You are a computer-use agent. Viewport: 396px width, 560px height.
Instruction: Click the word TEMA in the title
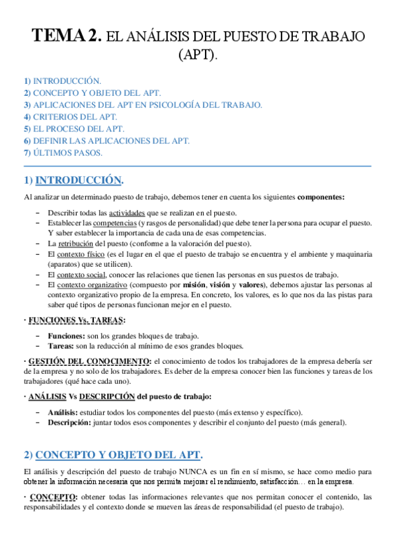click(x=56, y=36)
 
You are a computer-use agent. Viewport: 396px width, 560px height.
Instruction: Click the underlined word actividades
click(x=128, y=213)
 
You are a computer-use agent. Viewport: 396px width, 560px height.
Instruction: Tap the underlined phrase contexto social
click(x=80, y=274)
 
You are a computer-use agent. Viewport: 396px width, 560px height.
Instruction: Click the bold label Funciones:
click(x=66, y=336)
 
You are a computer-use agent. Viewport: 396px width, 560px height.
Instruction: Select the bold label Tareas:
click(x=61, y=346)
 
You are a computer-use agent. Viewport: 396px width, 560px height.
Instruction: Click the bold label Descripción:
click(x=69, y=423)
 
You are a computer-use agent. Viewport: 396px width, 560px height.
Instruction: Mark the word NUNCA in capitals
click(x=195, y=472)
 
